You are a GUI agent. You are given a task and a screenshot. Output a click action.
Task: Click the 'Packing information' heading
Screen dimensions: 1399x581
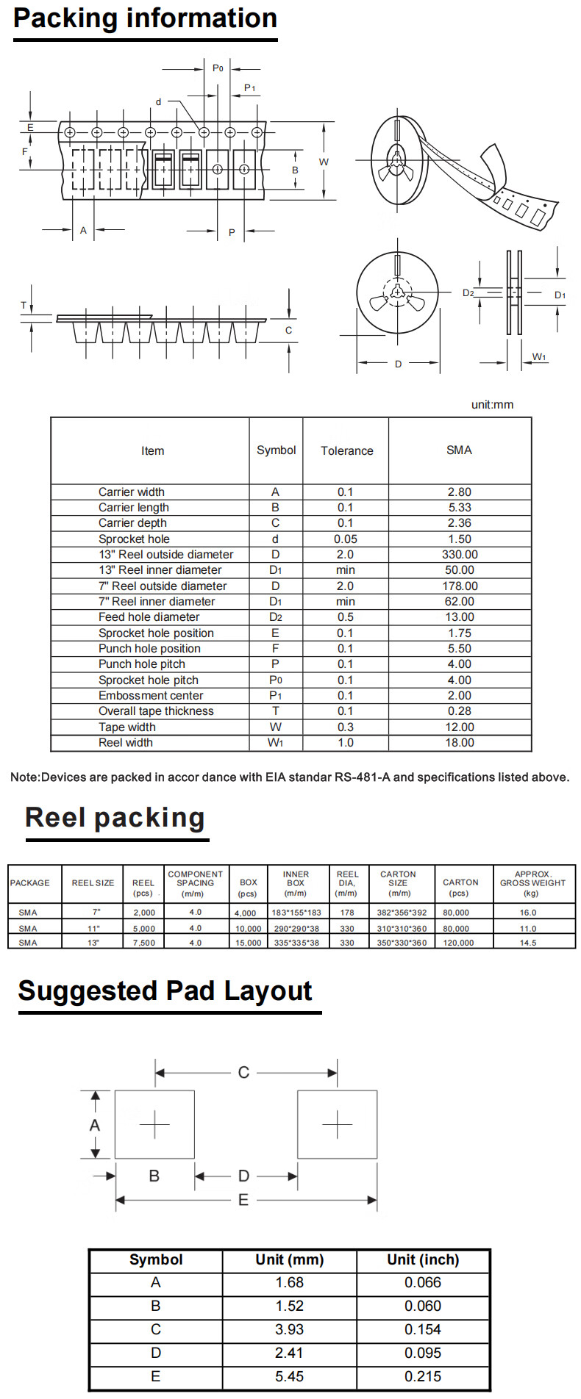145,18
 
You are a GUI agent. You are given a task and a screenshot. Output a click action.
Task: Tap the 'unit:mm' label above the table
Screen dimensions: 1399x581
492,405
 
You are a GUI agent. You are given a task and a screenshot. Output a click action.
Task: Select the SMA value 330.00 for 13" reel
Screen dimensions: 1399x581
459,555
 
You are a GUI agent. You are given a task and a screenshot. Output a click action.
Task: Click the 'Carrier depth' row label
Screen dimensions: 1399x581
132,523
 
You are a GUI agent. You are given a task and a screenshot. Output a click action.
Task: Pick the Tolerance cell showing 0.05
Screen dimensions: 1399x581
345,539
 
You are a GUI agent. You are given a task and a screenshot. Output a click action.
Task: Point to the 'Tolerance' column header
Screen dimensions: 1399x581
346,451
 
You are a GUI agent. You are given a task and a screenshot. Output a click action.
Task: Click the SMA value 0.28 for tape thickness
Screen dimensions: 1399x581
459,711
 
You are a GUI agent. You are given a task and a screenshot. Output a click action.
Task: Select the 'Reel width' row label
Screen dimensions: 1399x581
126,743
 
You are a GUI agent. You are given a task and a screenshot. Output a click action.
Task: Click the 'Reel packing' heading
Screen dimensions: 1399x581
115,818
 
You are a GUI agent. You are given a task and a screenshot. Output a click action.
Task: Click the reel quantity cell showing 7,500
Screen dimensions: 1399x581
143,943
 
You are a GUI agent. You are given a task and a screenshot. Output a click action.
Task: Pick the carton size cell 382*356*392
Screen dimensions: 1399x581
402,913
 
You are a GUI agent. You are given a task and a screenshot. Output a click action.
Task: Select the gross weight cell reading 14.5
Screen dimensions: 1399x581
528,943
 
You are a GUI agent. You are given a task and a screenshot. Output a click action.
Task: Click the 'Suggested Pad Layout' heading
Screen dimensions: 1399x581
165,990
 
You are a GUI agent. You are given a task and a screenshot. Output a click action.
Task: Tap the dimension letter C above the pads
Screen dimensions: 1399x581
243,1073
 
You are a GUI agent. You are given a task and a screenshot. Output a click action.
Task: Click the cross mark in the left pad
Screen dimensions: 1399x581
154,1124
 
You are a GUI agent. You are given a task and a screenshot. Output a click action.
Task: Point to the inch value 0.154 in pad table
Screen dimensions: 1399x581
423,1330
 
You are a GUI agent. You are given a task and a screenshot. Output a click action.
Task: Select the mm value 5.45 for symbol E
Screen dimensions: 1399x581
289,1377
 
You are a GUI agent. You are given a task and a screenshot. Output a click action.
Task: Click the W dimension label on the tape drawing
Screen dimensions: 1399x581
324,162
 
